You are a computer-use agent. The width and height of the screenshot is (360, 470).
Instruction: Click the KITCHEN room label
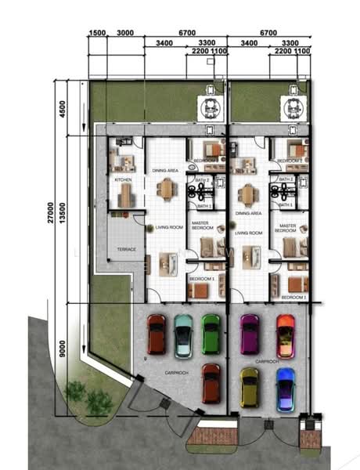(x=124, y=180)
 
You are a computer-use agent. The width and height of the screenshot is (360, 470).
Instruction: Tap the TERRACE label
(x=126, y=249)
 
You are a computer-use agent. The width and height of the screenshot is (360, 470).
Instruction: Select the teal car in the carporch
(x=183, y=334)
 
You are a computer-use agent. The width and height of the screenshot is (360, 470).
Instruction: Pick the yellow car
(x=250, y=386)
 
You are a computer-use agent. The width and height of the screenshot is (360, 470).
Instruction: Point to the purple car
(x=250, y=333)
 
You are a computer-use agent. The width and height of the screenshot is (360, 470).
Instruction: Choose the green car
(x=211, y=333)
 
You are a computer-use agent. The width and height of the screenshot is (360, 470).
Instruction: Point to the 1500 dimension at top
(x=97, y=33)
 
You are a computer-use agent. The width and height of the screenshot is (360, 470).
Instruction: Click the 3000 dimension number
(x=124, y=33)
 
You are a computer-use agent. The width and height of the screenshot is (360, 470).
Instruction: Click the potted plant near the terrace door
(x=149, y=228)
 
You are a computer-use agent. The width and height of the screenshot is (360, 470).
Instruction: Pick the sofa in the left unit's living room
(x=167, y=262)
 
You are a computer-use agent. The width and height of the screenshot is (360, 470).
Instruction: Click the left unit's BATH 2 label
(x=203, y=179)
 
